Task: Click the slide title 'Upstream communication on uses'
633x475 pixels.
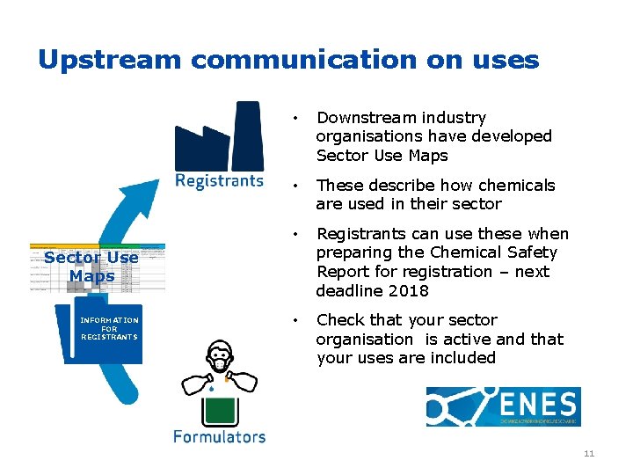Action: coord(288,60)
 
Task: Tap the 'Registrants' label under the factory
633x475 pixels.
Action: coord(219,181)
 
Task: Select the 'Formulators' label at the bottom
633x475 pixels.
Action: coord(219,436)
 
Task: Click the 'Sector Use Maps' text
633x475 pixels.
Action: coord(91,267)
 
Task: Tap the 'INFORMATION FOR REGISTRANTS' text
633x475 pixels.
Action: coord(109,328)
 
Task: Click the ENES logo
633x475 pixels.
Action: coord(503,406)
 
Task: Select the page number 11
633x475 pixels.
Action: coord(588,454)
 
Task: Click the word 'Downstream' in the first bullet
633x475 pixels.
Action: coord(364,118)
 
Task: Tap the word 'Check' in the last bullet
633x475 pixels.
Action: coord(340,320)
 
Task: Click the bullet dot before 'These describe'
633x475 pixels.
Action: coord(300,186)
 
